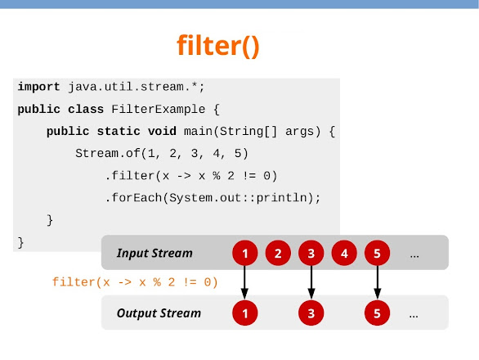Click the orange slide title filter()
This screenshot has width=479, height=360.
point(218,47)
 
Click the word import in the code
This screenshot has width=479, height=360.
point(38,86)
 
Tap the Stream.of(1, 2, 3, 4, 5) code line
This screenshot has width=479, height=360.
point(161,153)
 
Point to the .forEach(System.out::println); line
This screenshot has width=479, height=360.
point(213,197)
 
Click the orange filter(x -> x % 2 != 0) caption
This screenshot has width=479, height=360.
point(135,282)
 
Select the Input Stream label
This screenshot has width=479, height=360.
point(154,253)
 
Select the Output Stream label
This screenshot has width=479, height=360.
point(158,313)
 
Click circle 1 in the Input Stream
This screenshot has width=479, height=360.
point(244,254)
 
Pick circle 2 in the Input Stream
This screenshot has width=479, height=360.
point(278,254)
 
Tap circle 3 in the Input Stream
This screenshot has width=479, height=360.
point(311,254)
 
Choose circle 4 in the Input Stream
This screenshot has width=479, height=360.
point(344,254)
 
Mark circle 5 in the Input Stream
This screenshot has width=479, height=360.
point(377,254)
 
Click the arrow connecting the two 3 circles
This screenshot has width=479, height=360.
point(311,283)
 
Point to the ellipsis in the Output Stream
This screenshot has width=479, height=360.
point(414,314)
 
